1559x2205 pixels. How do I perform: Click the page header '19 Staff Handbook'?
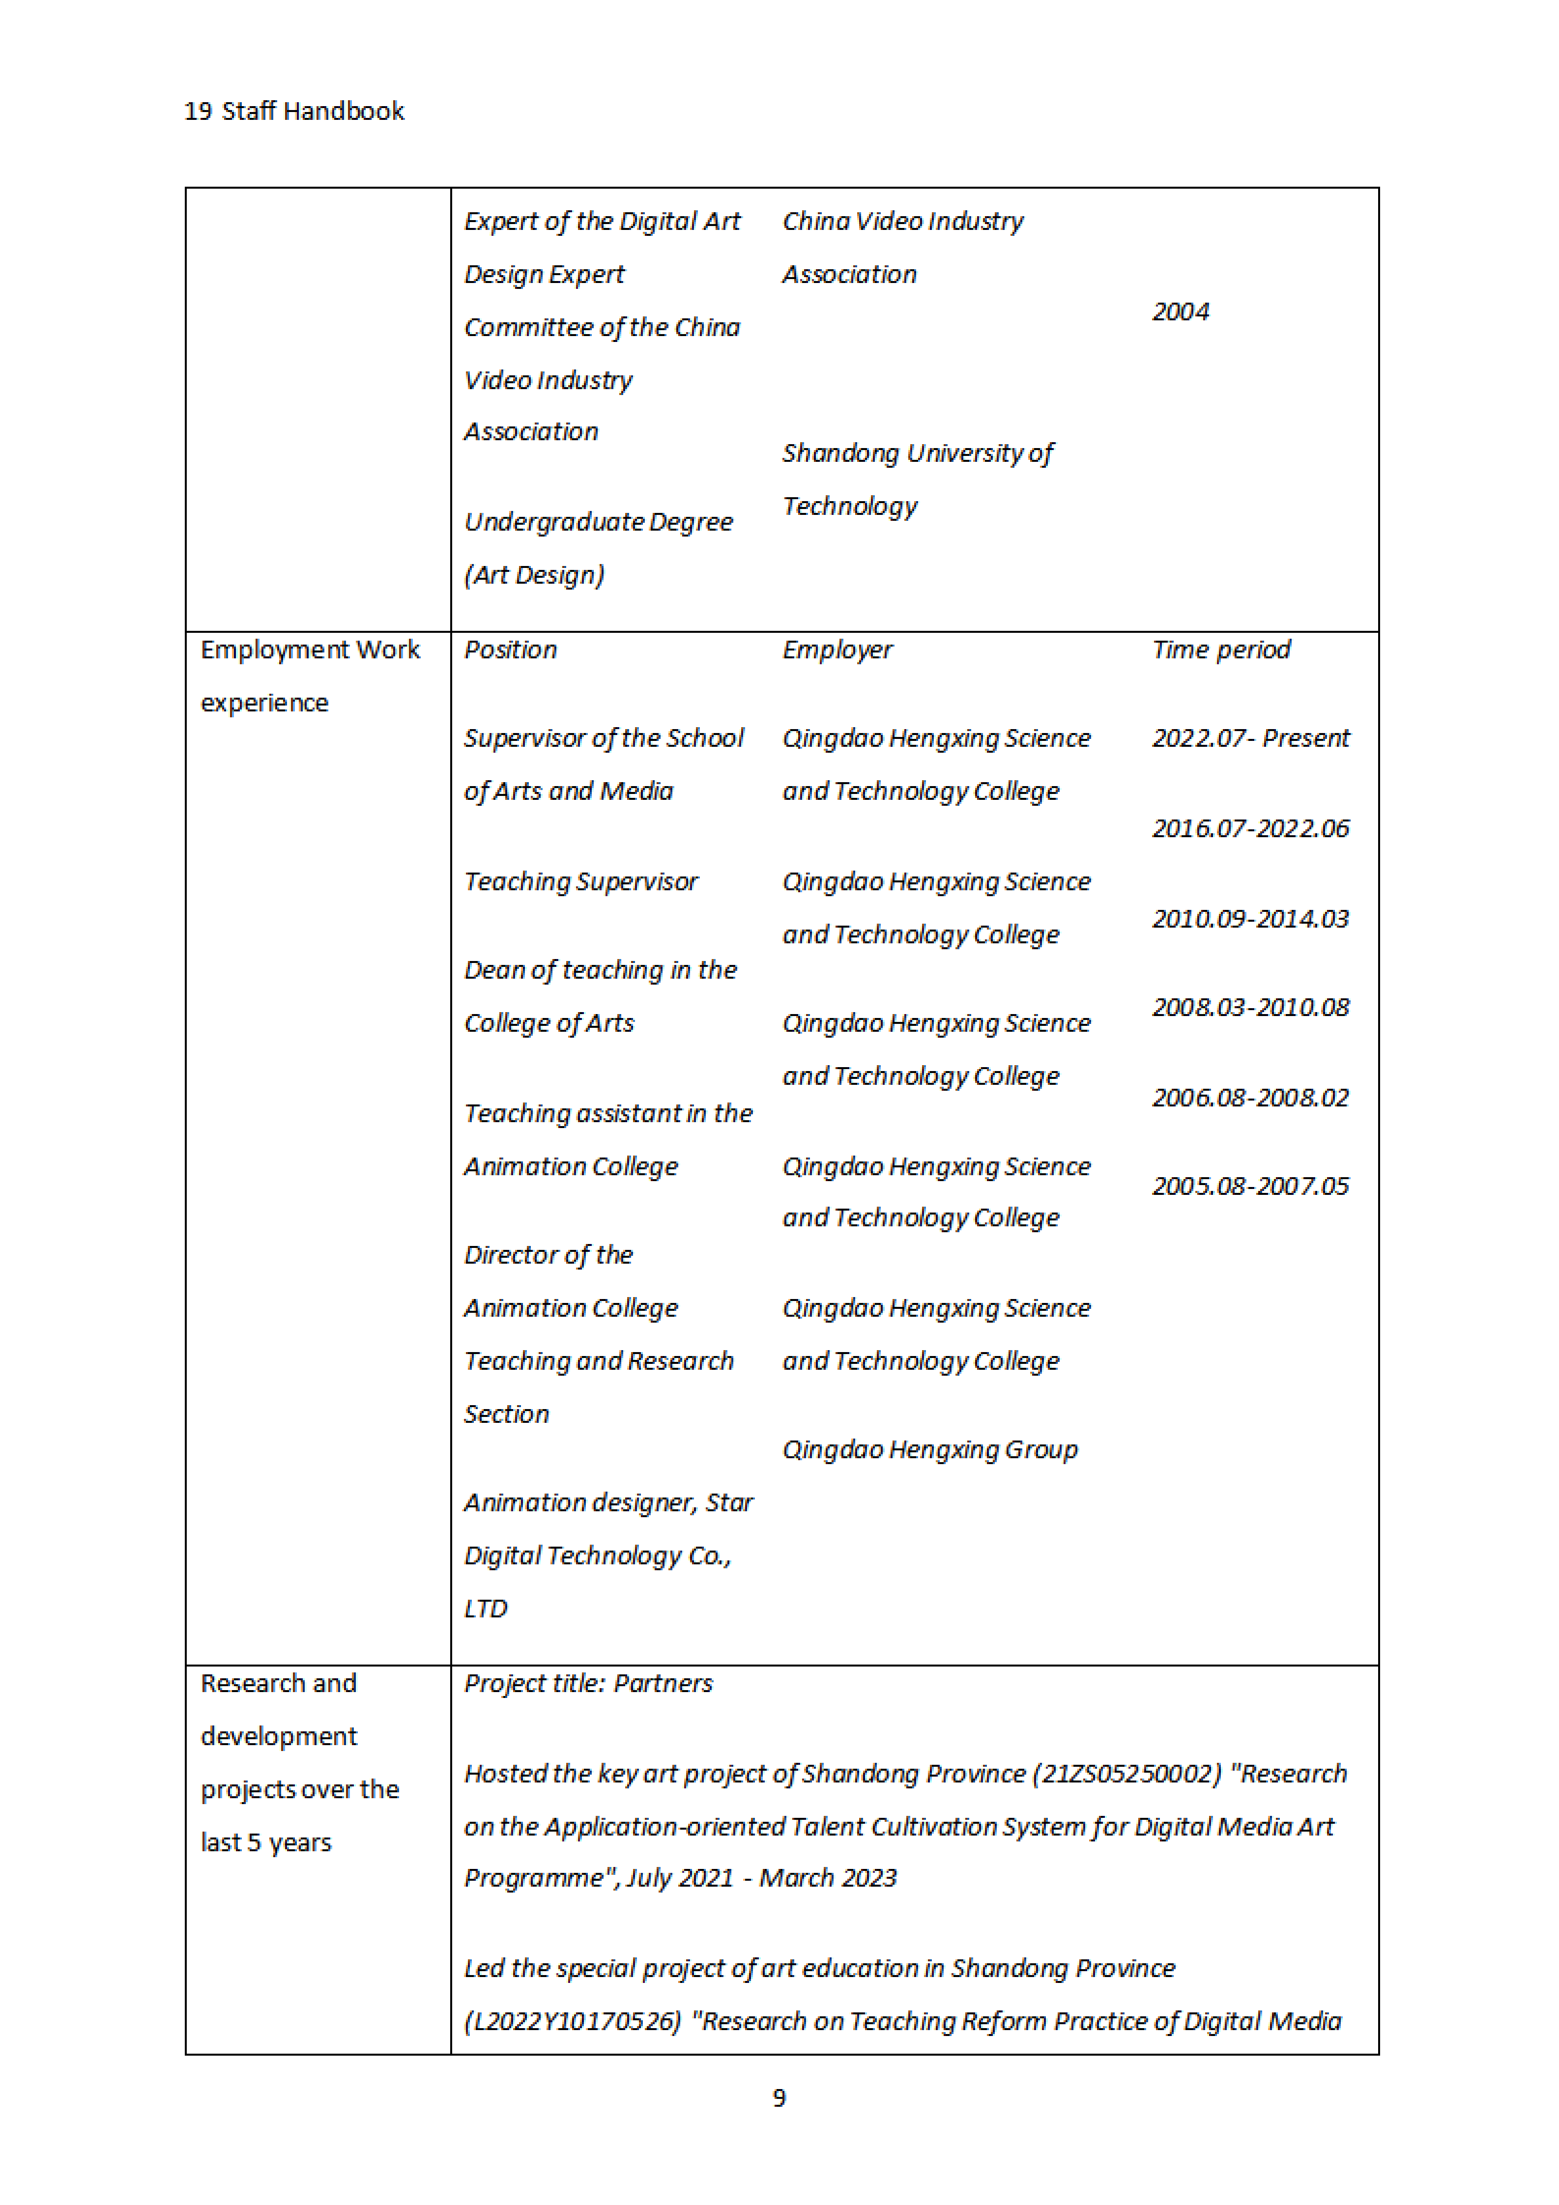pos(294,112)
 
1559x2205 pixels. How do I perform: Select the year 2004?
pos(1181,312)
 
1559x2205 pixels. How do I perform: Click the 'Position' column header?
pos(510,650)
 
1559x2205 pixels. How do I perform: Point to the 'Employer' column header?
pos(837,650)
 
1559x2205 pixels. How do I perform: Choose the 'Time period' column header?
pos(1221,650)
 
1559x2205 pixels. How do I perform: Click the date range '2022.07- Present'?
pos(1251,738)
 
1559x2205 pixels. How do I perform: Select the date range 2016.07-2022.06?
pos(1251,829)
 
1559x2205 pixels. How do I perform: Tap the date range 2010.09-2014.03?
pos(1251,919)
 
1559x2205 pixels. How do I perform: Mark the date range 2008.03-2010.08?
pos(1251,1007)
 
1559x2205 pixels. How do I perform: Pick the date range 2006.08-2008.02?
pos(1251,1098)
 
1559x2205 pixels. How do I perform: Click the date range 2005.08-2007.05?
pos(1251,1186)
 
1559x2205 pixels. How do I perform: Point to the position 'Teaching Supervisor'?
pos(581,881)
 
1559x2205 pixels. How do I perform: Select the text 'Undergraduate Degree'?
pos(599,522)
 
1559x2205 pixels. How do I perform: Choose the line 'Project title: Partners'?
pos(588,1684)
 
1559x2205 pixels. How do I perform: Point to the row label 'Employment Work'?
pos(309,650)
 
